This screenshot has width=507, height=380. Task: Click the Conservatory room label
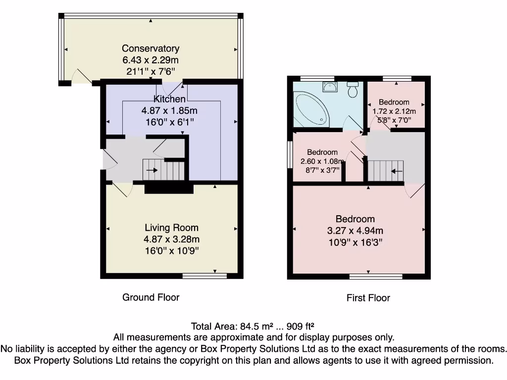point(151,48)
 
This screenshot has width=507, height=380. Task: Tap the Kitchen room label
point(169,99)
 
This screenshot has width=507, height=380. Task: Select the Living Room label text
point(171,228)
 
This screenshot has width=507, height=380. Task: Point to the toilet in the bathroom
point(352,90)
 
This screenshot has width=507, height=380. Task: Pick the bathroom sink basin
point(330,87)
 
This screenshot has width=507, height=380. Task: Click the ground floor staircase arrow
point(152,170)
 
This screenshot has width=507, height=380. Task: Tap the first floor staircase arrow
point(397,171)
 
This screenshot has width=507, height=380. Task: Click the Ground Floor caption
point(151,297)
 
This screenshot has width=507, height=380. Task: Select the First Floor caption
point(368,298)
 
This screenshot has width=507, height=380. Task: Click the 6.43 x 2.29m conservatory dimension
point(151,60)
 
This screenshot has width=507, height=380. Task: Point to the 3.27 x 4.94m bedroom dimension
point(355,231)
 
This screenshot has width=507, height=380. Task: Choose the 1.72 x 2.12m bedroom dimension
point(394,111)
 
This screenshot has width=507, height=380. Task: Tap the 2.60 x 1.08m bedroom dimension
point(322,161)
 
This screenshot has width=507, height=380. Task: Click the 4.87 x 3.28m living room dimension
point(171,239)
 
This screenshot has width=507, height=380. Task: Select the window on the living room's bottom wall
point(204,276)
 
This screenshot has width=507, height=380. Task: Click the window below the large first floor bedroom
point(376,277)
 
